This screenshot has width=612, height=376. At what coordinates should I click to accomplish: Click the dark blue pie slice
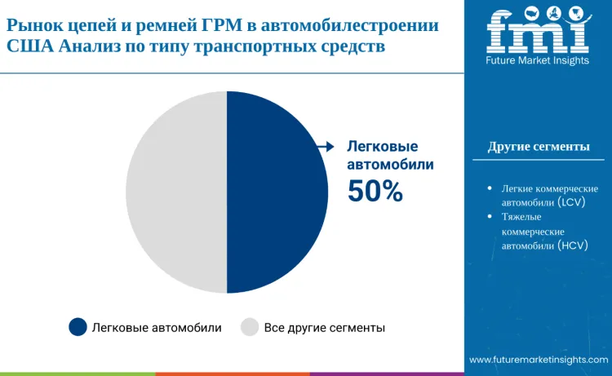[x=277, y=192]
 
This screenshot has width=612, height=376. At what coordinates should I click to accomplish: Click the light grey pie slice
[x=175, y=192]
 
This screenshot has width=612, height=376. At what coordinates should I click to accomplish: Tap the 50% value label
[x=375, y=191]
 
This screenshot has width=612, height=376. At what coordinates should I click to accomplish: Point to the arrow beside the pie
[x=326, y=147]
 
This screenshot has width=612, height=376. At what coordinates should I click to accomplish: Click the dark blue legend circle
[x=78, y=328]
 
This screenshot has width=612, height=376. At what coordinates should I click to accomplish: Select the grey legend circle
[x=250, y=328]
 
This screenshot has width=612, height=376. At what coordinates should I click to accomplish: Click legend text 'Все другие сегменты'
[x=325, y=328]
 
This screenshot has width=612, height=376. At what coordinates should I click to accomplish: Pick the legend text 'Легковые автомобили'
[x=157, y=328]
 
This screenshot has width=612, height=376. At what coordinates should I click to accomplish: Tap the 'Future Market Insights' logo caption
[x=538, y=61]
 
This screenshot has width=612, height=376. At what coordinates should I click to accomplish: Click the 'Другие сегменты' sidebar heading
[x=539, y=147]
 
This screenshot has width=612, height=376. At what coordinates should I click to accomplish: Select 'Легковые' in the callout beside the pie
[x=383, y=147]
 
